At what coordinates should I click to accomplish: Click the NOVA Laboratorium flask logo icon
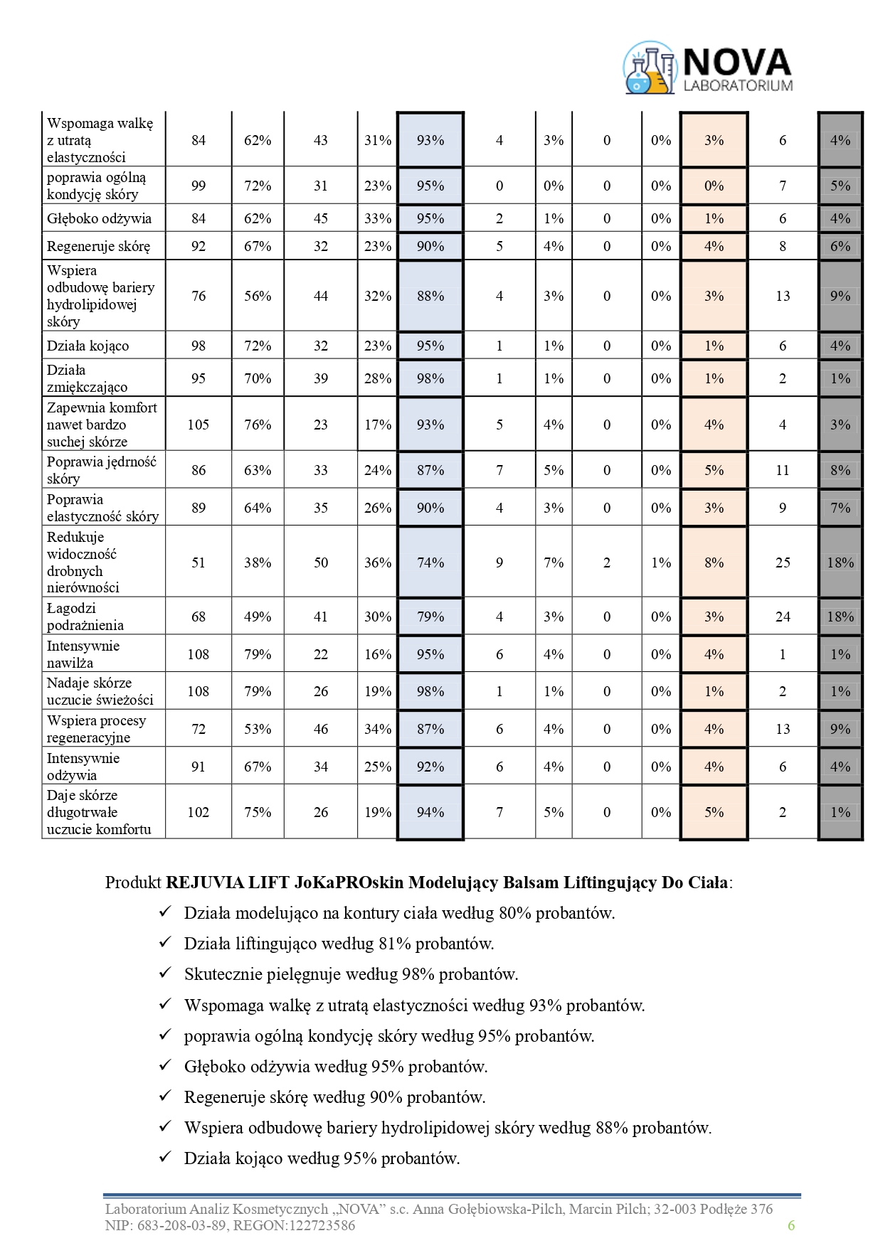(649, 68)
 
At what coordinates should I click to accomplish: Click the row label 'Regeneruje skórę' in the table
(98, 247)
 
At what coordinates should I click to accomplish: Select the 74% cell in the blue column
(430, 562)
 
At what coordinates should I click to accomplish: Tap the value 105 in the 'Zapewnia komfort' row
(198, 425)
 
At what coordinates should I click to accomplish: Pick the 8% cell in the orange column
(714, 562)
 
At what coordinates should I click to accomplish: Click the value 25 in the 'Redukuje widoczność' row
(783, 562)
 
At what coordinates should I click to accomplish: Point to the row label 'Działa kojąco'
(88, 346)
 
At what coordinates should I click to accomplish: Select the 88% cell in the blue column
(430, 296)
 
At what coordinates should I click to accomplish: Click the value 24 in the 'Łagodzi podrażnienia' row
(783, 617)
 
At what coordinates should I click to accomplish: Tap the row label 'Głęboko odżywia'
(99, 218)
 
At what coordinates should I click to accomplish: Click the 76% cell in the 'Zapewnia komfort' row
(258, 425)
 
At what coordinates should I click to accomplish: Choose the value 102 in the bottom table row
(198, 812)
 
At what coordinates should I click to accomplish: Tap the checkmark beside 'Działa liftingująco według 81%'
(165, 942)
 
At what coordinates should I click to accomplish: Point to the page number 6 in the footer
(791, 1225)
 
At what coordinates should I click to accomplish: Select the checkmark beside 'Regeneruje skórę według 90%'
(165, 1096)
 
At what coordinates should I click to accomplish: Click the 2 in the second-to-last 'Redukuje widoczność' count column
(607, 562)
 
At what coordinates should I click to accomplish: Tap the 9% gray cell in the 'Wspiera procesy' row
(840, 729)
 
